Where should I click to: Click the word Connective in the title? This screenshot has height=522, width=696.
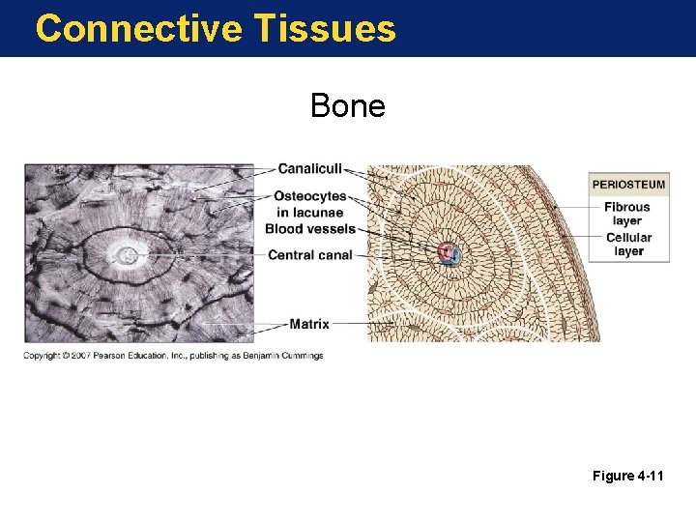(x=138, y=28)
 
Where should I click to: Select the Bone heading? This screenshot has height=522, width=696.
(x=347, y=105)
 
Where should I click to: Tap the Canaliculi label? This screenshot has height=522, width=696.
(x=309, y=170)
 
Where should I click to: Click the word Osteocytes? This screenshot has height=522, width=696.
(x=309, y=197)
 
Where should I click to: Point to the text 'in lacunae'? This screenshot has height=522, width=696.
(x=311, y=213)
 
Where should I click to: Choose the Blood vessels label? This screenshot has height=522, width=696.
(x=310, y=229)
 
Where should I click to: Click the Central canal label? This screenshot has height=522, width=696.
(x=309, y=255)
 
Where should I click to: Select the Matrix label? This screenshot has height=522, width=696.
(x=309, y=324)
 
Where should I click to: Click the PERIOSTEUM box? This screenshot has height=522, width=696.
(x=628, y=185)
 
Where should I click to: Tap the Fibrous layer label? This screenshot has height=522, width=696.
(x=627, y=214)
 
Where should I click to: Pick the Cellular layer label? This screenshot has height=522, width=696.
(x=628, y=245)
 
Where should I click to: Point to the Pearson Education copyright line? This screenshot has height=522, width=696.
(x=174, y=356)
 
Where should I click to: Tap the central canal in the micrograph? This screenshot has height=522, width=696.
(x=127, y=256)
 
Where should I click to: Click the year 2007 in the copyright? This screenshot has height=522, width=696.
(x=76, y=356)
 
